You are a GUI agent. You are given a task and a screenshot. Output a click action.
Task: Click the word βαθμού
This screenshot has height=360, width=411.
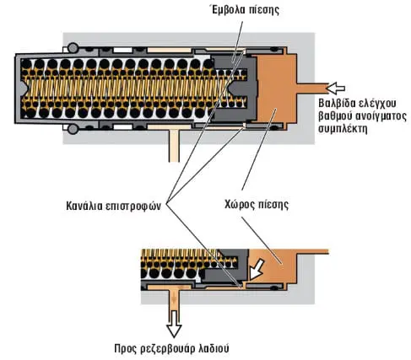[334, 116]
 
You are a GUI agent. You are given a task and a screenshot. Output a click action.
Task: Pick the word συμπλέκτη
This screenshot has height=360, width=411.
[343, 129]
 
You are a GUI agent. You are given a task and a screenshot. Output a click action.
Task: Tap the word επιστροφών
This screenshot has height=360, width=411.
[133, 207]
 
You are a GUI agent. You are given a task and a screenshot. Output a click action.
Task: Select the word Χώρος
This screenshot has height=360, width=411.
[240, 205]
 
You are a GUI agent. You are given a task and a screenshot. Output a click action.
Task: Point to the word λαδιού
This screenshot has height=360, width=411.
[214, 349]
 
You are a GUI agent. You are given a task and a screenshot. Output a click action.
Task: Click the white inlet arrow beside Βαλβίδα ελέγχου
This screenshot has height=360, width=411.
[335, 88]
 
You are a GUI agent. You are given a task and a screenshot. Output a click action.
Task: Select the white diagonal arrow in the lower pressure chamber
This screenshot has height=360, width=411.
[257, 270]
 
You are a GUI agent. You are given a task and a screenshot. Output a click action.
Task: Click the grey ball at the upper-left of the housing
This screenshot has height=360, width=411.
[73, 47]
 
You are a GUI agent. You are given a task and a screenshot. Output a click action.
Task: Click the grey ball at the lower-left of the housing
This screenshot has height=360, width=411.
[73, 129]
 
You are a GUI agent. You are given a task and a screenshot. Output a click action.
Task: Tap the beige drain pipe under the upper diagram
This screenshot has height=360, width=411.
[174, 146]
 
